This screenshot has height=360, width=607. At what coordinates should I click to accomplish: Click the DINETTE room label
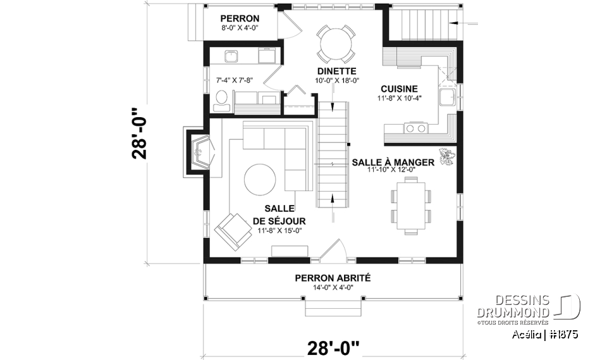(x=337, y=71)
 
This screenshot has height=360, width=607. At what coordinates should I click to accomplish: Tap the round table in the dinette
(x=336, y=42)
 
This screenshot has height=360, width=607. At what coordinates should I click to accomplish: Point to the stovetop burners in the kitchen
(x=415, y=128)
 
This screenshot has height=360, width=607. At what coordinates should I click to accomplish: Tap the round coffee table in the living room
(x=260, y=180)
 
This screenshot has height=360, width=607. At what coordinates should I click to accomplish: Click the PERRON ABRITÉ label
(x=333, y=278)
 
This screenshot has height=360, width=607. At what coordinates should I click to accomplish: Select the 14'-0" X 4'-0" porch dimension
(x=333, y=288)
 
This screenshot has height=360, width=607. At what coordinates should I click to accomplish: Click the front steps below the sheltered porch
(x=333, y=308)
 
